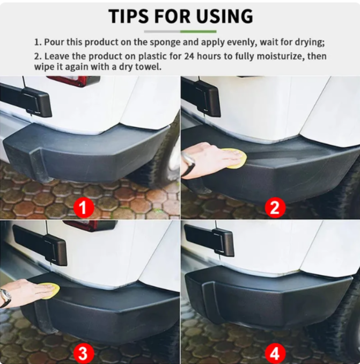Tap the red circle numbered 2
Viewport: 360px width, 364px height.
click(274, 207)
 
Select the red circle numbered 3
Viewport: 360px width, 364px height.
click(83, 353)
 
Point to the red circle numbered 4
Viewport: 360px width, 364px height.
click(274, 353)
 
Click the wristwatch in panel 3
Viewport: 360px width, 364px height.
click(5, 297)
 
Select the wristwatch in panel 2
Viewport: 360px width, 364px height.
click(188, 164)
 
